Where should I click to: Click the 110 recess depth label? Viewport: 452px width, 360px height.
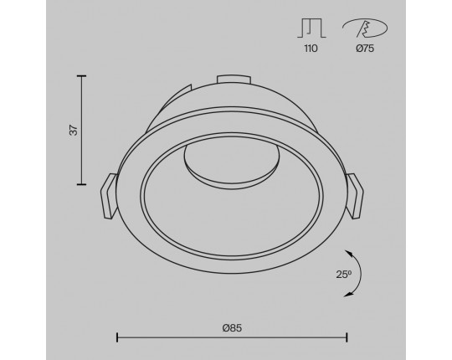click(x=311, y=49)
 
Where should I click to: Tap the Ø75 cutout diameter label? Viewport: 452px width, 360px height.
click(x=365, y=49)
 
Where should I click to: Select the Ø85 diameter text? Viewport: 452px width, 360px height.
click(x=232, y=327)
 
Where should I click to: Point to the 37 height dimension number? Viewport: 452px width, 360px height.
click(x=74, y=130)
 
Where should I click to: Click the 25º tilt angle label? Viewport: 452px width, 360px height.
click(x=344, y=274)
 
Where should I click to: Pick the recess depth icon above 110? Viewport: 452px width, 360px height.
click(x=311, y=28)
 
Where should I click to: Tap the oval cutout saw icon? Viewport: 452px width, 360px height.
click(x=365, y=28)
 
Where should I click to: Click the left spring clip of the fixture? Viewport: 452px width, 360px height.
click(x=109, y=195)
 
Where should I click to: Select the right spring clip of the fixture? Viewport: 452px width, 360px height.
click(x=354, y=196)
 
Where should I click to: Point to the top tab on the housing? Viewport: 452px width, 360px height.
click(x=234, y=80)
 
